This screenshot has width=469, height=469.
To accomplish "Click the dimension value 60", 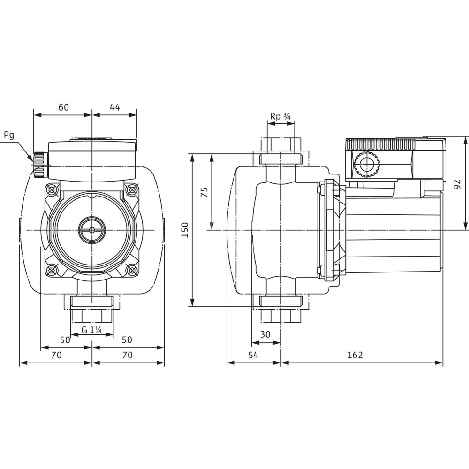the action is click(x=63, y=107).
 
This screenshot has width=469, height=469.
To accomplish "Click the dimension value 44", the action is click(x=115, y=107).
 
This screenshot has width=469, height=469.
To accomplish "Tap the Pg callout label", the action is click(x=9, y=136).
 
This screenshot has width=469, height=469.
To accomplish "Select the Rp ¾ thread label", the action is click(x=280, y=116).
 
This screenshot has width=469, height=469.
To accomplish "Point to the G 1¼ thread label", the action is click(x=92, y=330).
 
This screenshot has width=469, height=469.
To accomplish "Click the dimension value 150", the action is click(x=185, y=230).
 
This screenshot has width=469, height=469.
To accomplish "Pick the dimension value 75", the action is click(x=204, y=192).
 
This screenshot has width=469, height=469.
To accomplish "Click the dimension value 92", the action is click(x=457, y=184).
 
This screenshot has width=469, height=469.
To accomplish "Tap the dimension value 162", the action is click(x=355, y=355).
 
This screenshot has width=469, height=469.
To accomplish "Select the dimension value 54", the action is click(x=253, y=355).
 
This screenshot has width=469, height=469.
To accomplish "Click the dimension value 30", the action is click(x=265, y=334).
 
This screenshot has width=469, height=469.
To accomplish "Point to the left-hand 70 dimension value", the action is click(x=56, y=355).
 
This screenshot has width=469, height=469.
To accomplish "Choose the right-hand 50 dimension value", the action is click(x=127, y=340).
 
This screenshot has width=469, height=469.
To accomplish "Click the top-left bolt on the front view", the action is click(x=52, y=189).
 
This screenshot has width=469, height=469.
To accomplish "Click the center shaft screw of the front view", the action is click(x=92, y=230).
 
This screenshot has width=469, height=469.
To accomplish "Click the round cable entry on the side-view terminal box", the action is click(x=367, y=164).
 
